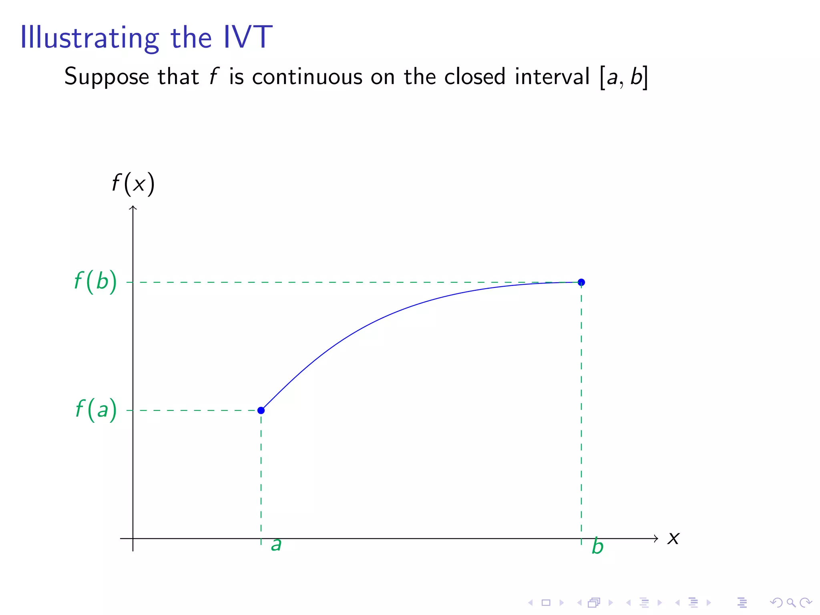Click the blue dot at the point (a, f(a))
(x=261, y=410)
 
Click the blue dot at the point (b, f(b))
(x=581, y=282)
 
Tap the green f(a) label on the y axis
(x=96, y=410)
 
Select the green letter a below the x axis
(x=276, y=545)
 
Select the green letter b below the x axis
(x=597, y=547)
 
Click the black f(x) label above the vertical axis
(x=133, y=184)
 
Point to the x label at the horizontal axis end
(x=673, y=539)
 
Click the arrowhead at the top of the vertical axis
(x=133, y=208)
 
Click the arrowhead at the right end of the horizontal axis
(x=656, y=539)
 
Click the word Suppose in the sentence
(x=107, y=77)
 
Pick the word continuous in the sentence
(x=307, y=76)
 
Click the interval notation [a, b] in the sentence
(x=623, y=77)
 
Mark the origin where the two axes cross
(x=133, y=539)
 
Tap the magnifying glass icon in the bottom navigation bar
(x=791, y=603)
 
